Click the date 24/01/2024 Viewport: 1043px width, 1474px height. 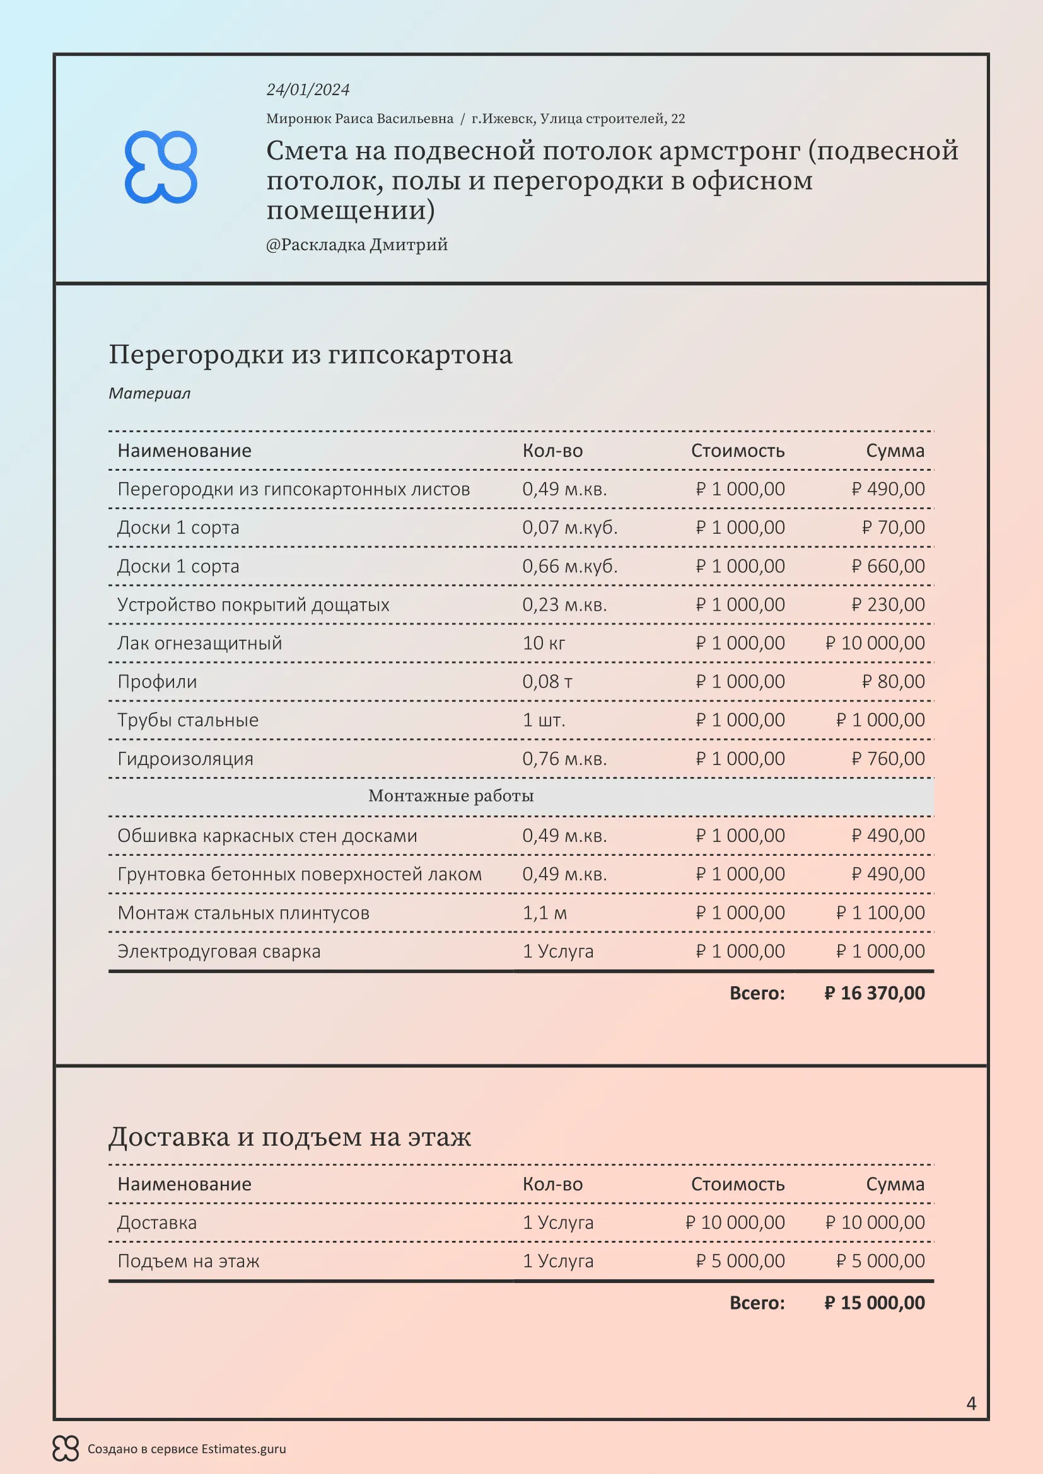(x=308, y=90)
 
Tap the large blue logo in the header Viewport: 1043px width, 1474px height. (x=161, y=167)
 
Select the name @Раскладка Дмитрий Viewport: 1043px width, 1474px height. (x=356, y=245)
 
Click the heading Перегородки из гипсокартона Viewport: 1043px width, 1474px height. (x=310, y=354)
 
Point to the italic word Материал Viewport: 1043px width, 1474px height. (x=149, y=393)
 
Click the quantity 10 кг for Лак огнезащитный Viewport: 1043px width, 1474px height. (x=544, y=643)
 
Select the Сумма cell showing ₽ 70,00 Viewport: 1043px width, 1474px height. (x=893, y=527)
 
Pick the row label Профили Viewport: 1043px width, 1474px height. (x=157, y=681)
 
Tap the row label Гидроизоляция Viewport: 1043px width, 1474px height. (x=185, y=758)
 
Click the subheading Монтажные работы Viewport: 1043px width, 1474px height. (x=451, y=795)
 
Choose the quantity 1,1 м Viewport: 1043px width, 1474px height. (x=545, y=913)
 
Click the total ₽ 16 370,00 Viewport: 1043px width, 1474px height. (x=874, y=993)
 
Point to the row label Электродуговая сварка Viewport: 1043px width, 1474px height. (x=218, y=951)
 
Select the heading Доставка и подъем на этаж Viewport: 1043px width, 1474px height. (x=289, y=1136)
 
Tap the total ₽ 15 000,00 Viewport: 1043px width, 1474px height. (x=874, y=1303)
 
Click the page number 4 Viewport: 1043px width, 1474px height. (x=971, y=1403)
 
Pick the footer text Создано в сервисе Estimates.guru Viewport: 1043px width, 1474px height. (x=186, y=1448)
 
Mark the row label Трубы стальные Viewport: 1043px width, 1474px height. (x=187, y=720)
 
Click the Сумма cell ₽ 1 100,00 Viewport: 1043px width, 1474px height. (x=880, y=913)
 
